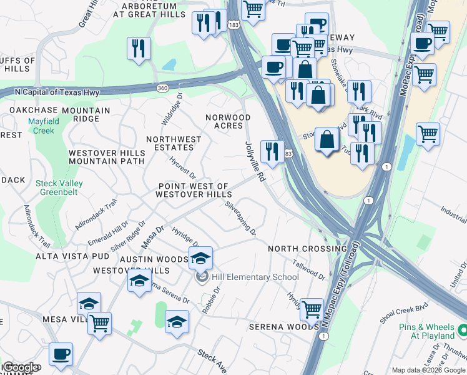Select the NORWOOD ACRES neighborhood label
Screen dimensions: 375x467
pyautogui.click(x=229, y=122)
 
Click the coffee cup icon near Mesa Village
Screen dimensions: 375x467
pyautogui.click(x=61, y=354)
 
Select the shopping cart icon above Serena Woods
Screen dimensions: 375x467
pyautogui.click(x=312, y=308)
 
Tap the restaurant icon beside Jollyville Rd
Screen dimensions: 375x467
pyautogui.click(x=272, y=151)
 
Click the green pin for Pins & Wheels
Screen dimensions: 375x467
pyautogui.click(x=462, y=329)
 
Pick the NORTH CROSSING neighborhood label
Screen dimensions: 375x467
pyautogui.click(x=307, y=249)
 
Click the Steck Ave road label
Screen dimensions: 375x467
pyautogui.click(x=212, y=361)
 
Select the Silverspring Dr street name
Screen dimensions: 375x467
pyautogui.click(x=240, y=218)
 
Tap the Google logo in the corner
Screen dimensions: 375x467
pyautogui.click(x=20, y=367)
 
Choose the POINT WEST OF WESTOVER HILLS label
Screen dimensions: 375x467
pyautogui.click(x=194, y=191)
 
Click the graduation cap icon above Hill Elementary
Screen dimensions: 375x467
pyautogui.click(x=200, y=257)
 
